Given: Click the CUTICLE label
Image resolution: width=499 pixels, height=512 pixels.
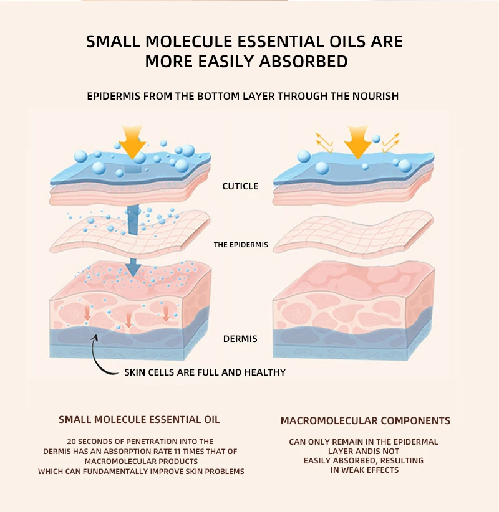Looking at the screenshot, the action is pos(240,186).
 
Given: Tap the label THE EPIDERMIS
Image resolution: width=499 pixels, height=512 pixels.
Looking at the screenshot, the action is pos(241,245).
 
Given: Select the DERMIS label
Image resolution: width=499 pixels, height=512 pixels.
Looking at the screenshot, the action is pos(240,339).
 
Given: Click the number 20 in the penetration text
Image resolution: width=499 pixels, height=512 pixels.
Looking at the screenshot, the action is pos(72,442).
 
